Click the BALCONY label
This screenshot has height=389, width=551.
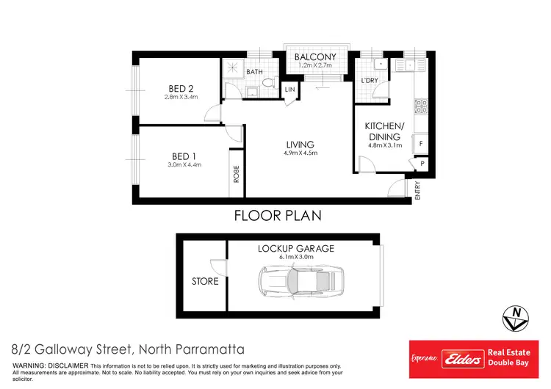click(x=315, y=57)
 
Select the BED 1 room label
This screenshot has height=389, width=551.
click(x=183, y=156)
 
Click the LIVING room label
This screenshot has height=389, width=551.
click(x=300, y=144)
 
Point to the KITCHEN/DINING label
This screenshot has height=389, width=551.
click(x=383, y=131)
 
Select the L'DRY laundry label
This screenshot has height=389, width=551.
click(x=370, y=81)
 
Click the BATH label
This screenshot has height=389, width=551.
click(x=255, y=72)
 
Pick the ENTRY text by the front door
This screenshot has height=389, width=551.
click(x=417, y=192)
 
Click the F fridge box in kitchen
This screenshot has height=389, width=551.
click(x=421, y=143)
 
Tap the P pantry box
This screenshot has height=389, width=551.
click(x=422, y=164)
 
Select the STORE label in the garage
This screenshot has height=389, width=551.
click(x=205, y=281)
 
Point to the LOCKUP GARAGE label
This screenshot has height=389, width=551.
click(x=295, y=249)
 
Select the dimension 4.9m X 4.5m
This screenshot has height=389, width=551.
click(x=300, y=153)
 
